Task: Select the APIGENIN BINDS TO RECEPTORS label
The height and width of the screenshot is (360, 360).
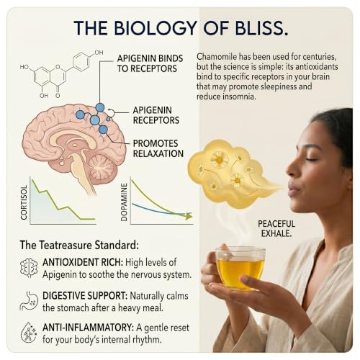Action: pos(150,63)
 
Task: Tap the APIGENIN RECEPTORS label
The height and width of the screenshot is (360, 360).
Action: pos(156,115)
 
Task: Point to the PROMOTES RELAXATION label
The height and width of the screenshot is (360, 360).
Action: pos(158,148)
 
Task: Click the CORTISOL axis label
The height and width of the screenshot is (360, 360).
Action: pos(24,202)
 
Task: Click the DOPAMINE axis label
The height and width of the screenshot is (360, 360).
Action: pos(124,202)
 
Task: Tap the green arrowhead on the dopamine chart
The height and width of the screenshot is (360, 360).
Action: pos(189,216)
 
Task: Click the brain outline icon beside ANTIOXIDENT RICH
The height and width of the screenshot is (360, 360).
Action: pos(29,268)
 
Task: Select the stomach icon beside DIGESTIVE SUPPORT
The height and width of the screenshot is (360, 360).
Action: pos(29,301)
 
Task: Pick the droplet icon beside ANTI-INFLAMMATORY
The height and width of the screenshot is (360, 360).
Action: pos(29,333)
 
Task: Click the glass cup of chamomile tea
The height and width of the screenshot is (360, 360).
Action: pos(240,267)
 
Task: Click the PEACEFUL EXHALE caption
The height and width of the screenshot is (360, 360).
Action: pos(276,228)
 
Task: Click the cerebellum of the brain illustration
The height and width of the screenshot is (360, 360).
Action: pos(102,167)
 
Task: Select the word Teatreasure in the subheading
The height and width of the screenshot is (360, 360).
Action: pos(66,245)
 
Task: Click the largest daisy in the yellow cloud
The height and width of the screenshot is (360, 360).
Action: pos(220,159)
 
